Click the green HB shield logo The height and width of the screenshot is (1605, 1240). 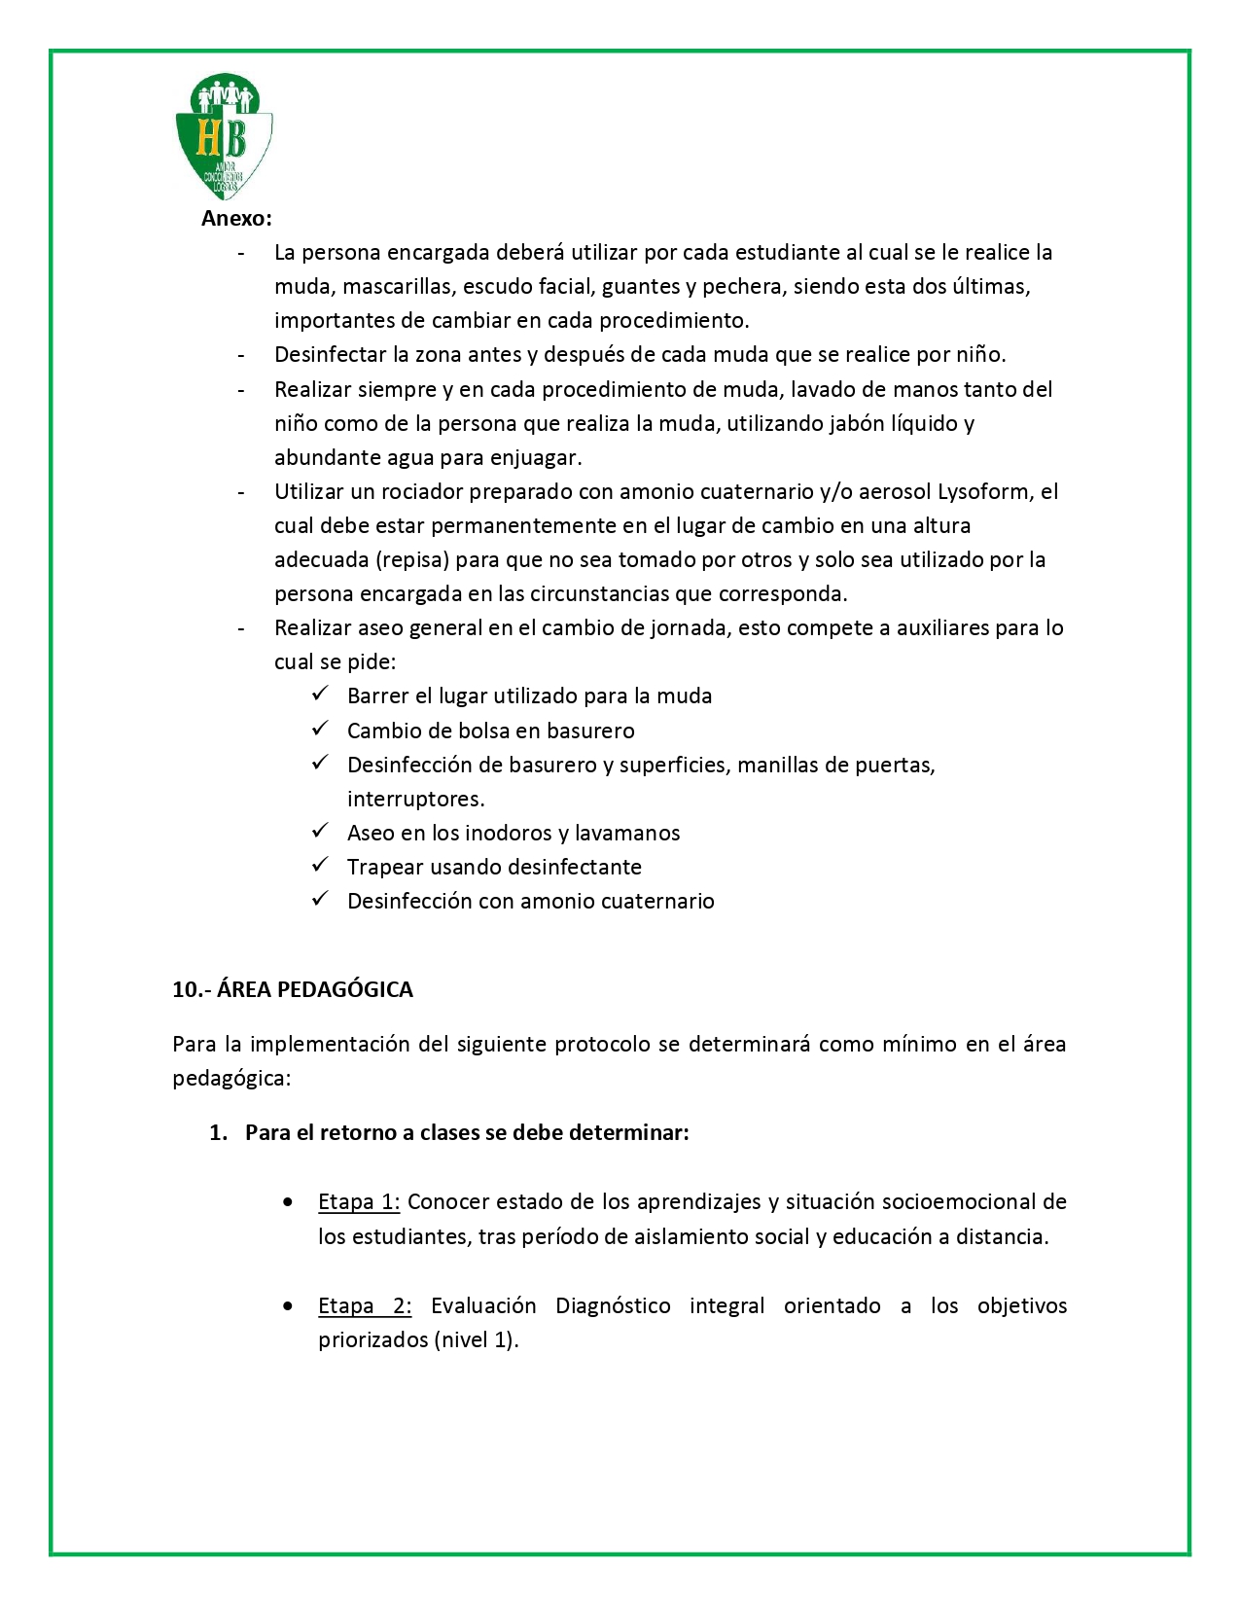(224, 136)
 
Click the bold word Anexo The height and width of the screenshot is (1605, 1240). (236, 219)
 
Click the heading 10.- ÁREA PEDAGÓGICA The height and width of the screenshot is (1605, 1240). (293, 990)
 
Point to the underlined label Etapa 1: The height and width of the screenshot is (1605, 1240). (359, 1202)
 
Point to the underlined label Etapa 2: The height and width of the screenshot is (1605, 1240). (365, 1306)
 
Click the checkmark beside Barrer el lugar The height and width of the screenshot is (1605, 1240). (320, 695)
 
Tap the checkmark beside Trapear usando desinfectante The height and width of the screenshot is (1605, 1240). (320, 866)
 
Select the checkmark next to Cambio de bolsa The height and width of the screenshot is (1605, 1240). (320, 730)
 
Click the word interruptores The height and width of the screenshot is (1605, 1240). (415, 800)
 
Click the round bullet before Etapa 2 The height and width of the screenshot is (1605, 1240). (288, 1306)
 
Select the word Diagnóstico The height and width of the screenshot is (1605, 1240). (613, 1306)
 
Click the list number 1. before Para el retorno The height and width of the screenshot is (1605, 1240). (219, 1133)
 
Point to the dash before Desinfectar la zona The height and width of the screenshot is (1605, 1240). (240, 356)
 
